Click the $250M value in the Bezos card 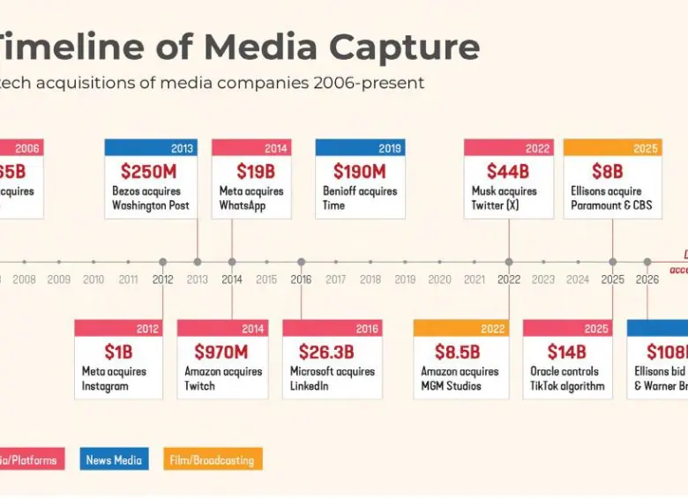click(148, 171)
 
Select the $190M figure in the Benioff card click(359, 171)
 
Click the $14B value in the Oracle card click(566, 352)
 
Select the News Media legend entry click(115, 459)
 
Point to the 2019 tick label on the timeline click(405, 279)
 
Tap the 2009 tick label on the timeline click(59, 279)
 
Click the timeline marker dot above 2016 click(301, 262)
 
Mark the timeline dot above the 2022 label click(509, 262)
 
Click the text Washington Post click(150, 205)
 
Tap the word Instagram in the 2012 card click(105, 386)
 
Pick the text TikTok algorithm click(567, 386)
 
